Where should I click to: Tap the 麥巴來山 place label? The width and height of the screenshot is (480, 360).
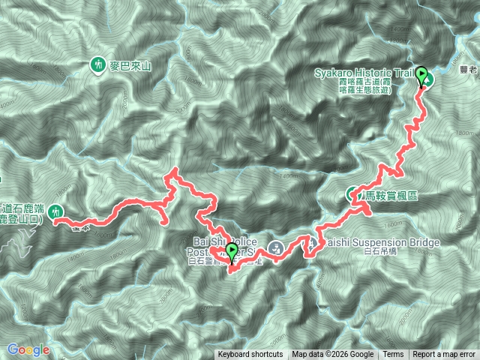(130, 66)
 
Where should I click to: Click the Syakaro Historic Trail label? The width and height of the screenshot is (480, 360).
(361, 72)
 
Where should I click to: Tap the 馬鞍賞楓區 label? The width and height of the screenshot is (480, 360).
(391, 195)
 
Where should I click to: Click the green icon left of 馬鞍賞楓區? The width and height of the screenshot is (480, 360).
(352, 193)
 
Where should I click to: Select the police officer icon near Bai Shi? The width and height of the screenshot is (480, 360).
(276, 247)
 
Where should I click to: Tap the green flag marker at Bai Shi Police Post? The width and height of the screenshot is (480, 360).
(231, 253)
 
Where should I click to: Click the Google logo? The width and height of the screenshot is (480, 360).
(28, 349)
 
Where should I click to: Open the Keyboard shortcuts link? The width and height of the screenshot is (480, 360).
(250, 355)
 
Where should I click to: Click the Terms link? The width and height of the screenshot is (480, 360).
(393, 355)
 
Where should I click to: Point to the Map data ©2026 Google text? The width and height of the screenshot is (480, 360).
(333, 355)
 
